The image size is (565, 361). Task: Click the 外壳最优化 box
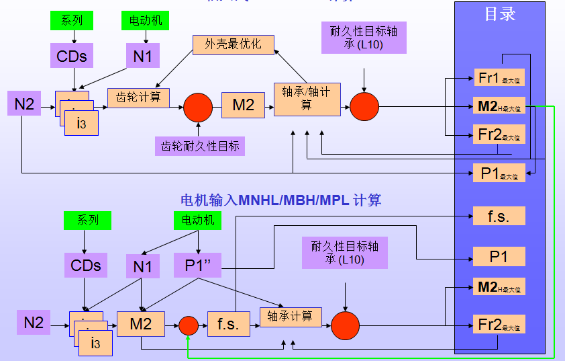click(233, 44)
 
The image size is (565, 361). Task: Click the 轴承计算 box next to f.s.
click(291, 317)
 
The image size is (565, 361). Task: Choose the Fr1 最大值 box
click(499, 79)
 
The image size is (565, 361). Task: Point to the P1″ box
click(197, 265)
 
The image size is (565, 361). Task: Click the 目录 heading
click(499, 14)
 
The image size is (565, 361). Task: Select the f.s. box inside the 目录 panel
click(499, 216)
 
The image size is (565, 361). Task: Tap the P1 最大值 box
click(499, 173)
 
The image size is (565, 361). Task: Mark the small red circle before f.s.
click(189, 325)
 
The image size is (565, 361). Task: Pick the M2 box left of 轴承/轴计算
click(243, 106)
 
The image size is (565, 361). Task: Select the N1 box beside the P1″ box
click(142, 266)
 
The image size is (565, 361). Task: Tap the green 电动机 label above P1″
click(197, 219)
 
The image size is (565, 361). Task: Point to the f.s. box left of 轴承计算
click(227, 324)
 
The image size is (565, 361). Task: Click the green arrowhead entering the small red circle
click(189, 338)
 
